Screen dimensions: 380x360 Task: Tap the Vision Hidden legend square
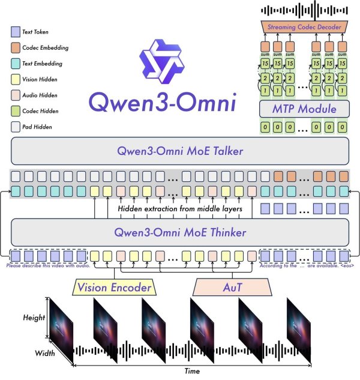click(x=15, y=79)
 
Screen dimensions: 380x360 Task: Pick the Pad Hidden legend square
click(x=15, y=127)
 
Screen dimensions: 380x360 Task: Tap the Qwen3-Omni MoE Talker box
click(x=180, y=151)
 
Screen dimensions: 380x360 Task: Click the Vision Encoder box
click(x=114, y=288)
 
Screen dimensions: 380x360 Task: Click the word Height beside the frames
click(x=32, y=318)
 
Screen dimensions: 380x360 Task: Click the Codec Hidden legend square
click(x=15, y=111)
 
